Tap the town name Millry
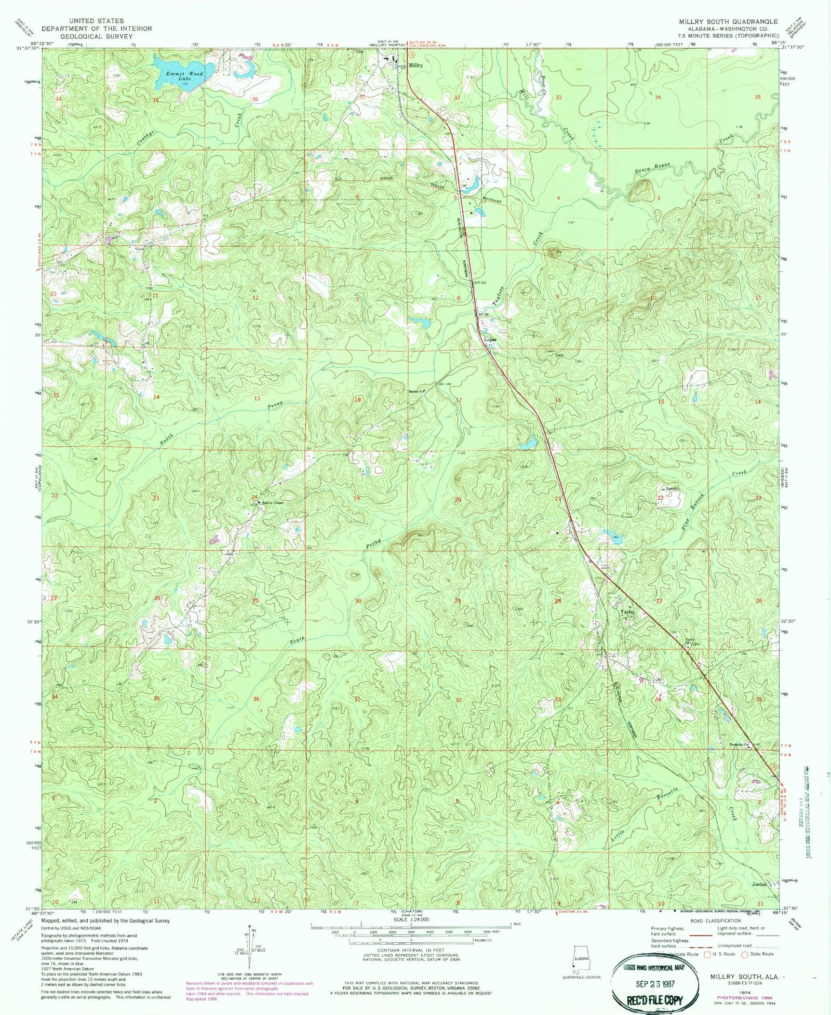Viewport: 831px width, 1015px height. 415,66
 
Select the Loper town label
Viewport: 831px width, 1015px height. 490,340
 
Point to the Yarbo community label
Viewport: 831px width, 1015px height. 627,613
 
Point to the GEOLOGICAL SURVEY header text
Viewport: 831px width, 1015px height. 97,36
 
